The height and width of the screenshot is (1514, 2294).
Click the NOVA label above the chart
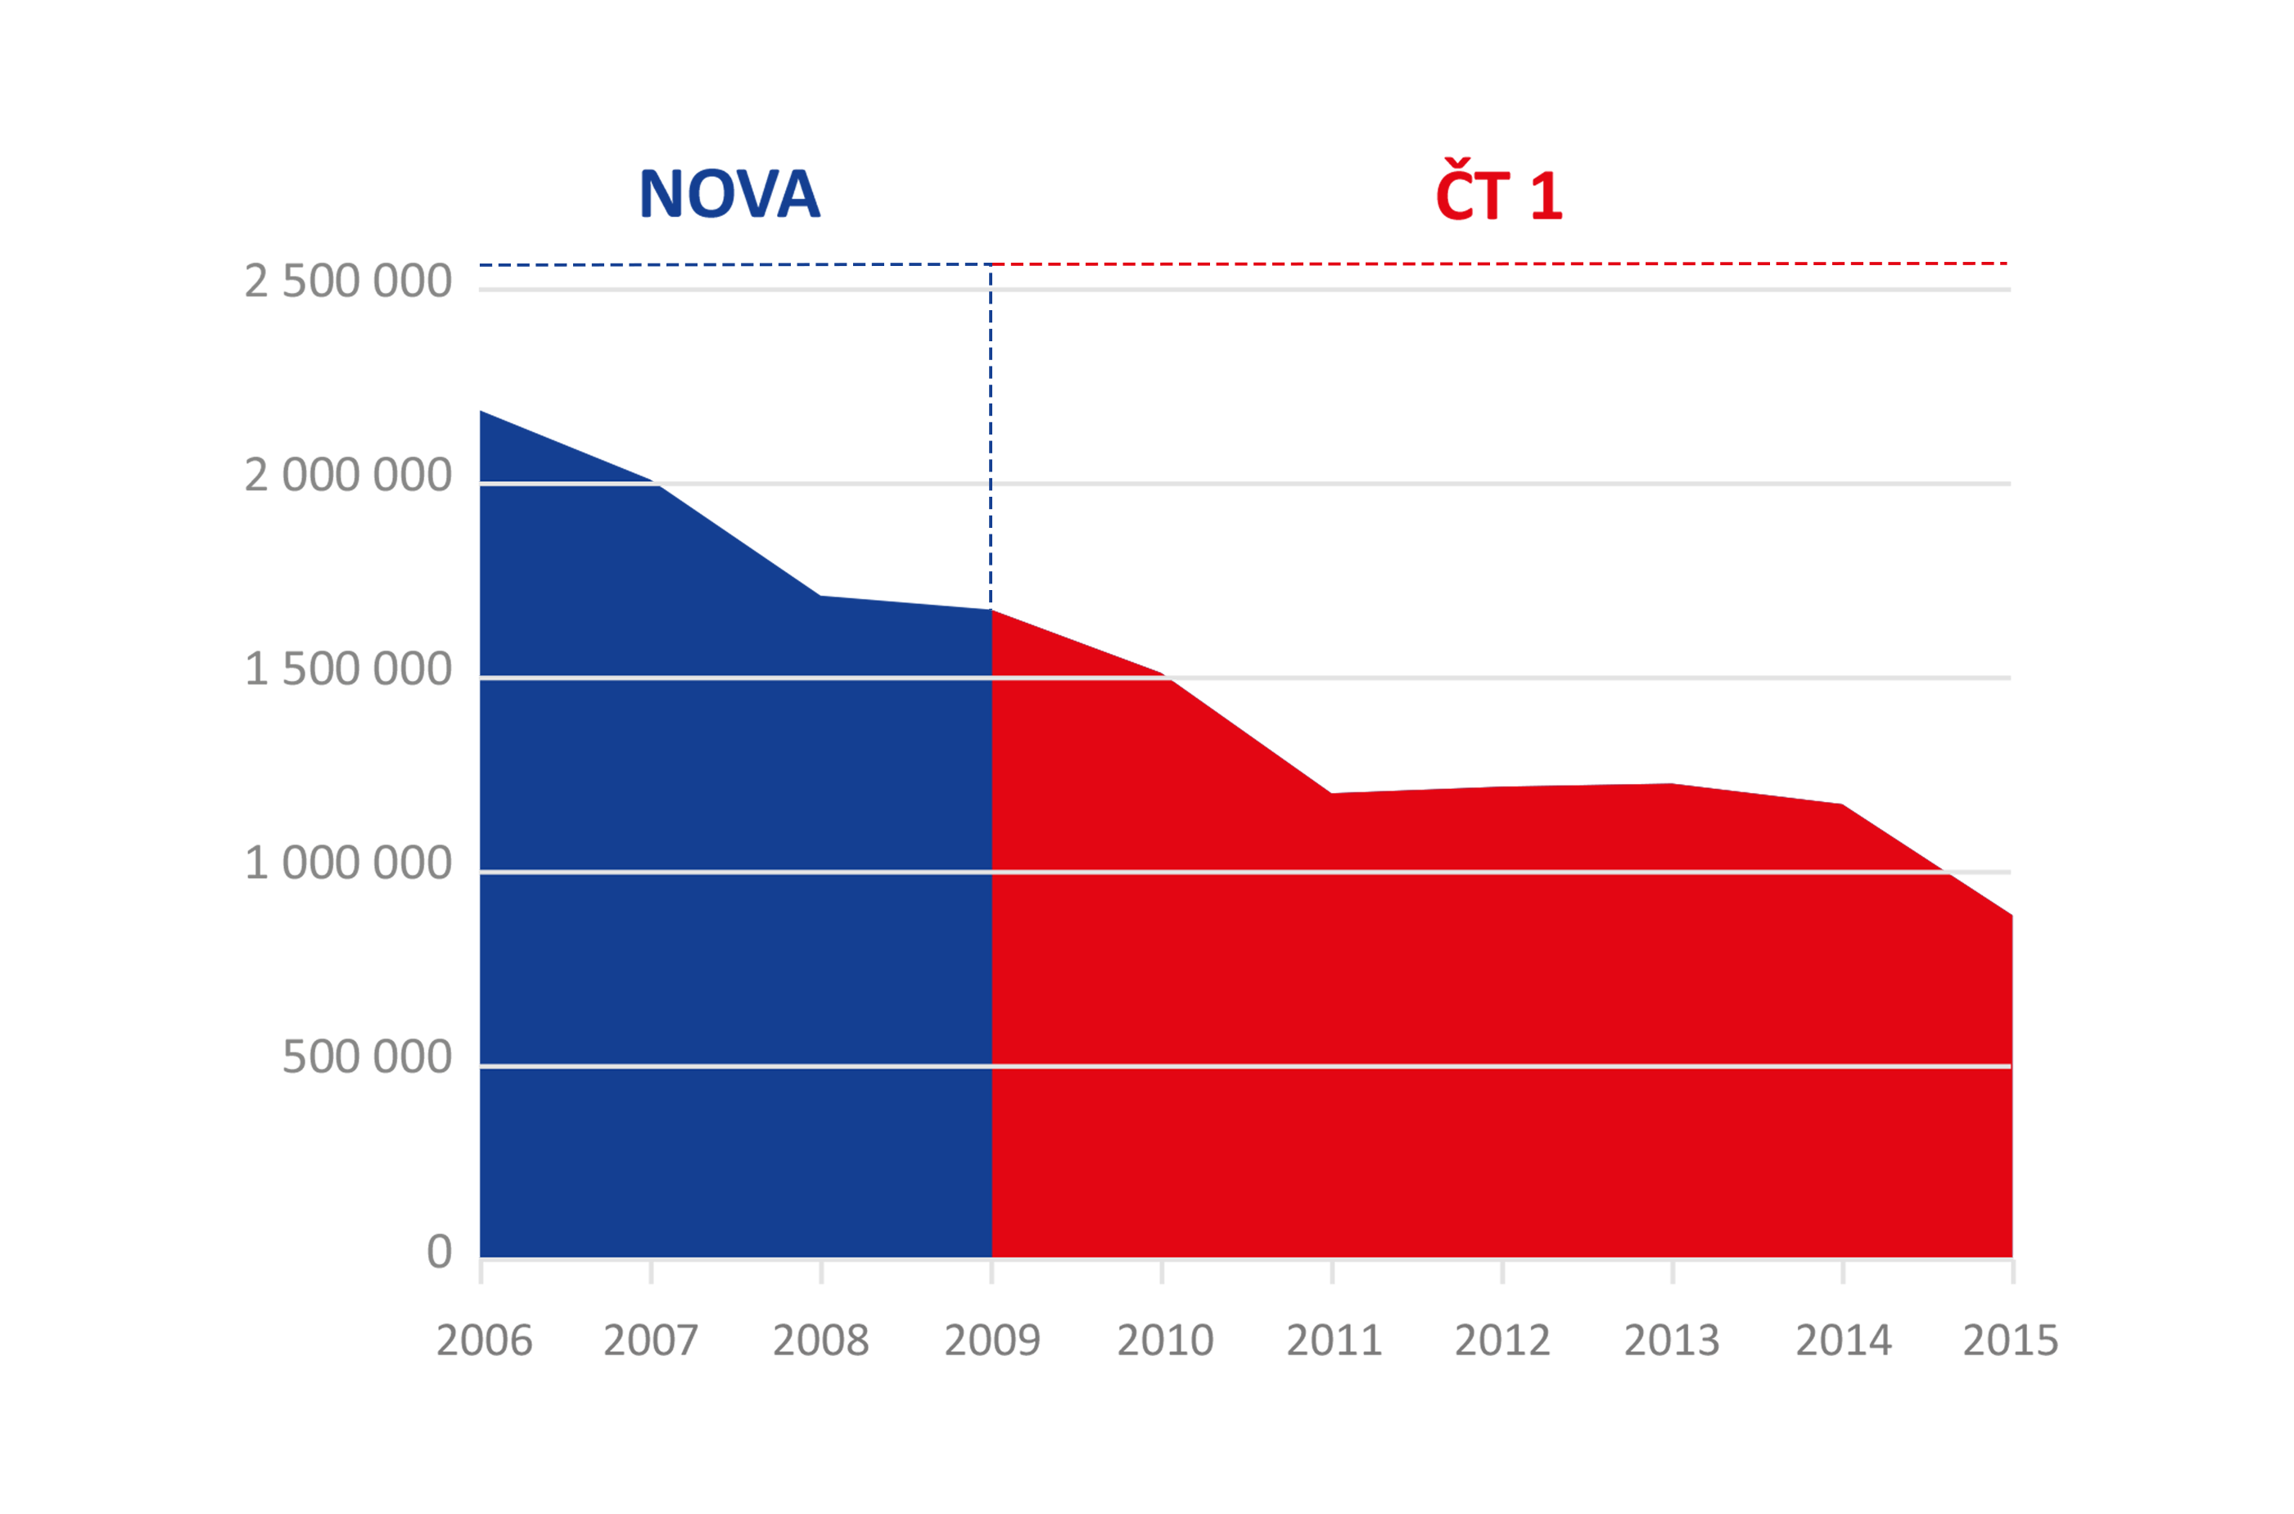(x=729, y=194)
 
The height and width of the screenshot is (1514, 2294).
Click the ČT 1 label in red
(x=1498, y=192)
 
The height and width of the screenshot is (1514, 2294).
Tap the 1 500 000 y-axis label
(x=348, y=669)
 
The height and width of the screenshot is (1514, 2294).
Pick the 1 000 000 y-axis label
(x=348, y=863)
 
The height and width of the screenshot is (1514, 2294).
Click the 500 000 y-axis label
(x=367, y=1057)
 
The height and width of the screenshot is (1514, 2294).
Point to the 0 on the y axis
(x=440, y=1251)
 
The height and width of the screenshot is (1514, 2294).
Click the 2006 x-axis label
(x=484, y=1341)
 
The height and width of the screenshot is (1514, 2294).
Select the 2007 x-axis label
(x=651, y=1341)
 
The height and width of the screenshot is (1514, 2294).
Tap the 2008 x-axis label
(x=821, y=1341)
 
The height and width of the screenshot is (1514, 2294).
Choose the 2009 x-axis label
(x=992, y=1341)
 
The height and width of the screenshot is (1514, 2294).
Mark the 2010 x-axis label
(x=1165, y=1341)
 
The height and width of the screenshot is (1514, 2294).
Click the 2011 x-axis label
(x=1334, y=1341)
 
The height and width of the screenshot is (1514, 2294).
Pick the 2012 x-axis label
(x=1503, y=1341)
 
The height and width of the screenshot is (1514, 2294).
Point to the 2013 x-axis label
(x=1672, y=1341)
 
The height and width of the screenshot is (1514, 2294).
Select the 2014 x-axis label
(x=1844, y=1341)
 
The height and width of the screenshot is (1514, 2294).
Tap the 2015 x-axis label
(x=2011, y=1341)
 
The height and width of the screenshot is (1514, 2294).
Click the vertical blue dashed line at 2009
(x=990, y=435)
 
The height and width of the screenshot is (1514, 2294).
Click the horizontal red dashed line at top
(x=1497, y=264)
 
